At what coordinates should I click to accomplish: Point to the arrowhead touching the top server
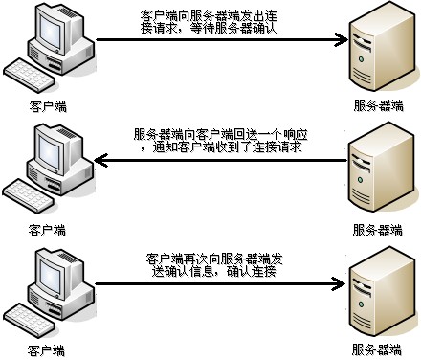coord(338,39)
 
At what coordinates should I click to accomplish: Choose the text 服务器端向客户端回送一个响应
coord(222,135)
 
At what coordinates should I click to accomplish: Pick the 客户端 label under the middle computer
coord(47,230)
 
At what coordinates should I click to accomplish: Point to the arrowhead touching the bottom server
coord(338,283)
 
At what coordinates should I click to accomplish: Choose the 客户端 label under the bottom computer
coord(47,350)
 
